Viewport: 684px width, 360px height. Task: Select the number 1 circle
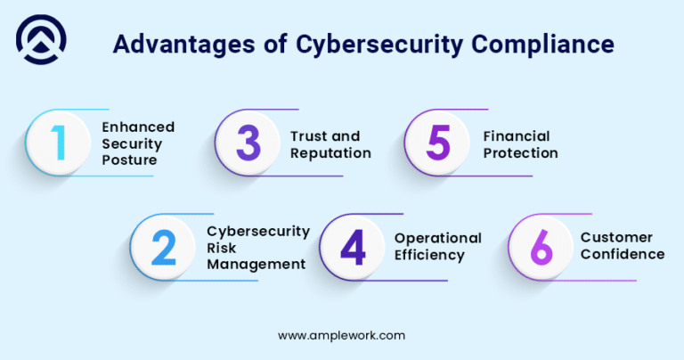[58, 143]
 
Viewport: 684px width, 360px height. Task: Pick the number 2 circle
[163, 247]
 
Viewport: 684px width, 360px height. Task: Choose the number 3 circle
[248, 143]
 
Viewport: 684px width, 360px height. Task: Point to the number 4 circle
[353, 247]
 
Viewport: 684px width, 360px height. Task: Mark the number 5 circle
[437, 143]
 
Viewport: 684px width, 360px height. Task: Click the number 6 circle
[541, 247]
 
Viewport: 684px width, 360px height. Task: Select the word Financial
[517, 136]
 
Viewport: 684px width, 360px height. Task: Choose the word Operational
[438, 238]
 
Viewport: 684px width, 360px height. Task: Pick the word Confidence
[623, 255]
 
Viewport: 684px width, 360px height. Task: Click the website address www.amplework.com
[342, 336]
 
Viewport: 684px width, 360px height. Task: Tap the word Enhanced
[138, 127]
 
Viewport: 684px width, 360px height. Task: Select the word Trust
[308, 136]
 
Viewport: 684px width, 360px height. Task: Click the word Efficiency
[429, 255]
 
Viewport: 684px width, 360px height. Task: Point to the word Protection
[521, 152]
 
